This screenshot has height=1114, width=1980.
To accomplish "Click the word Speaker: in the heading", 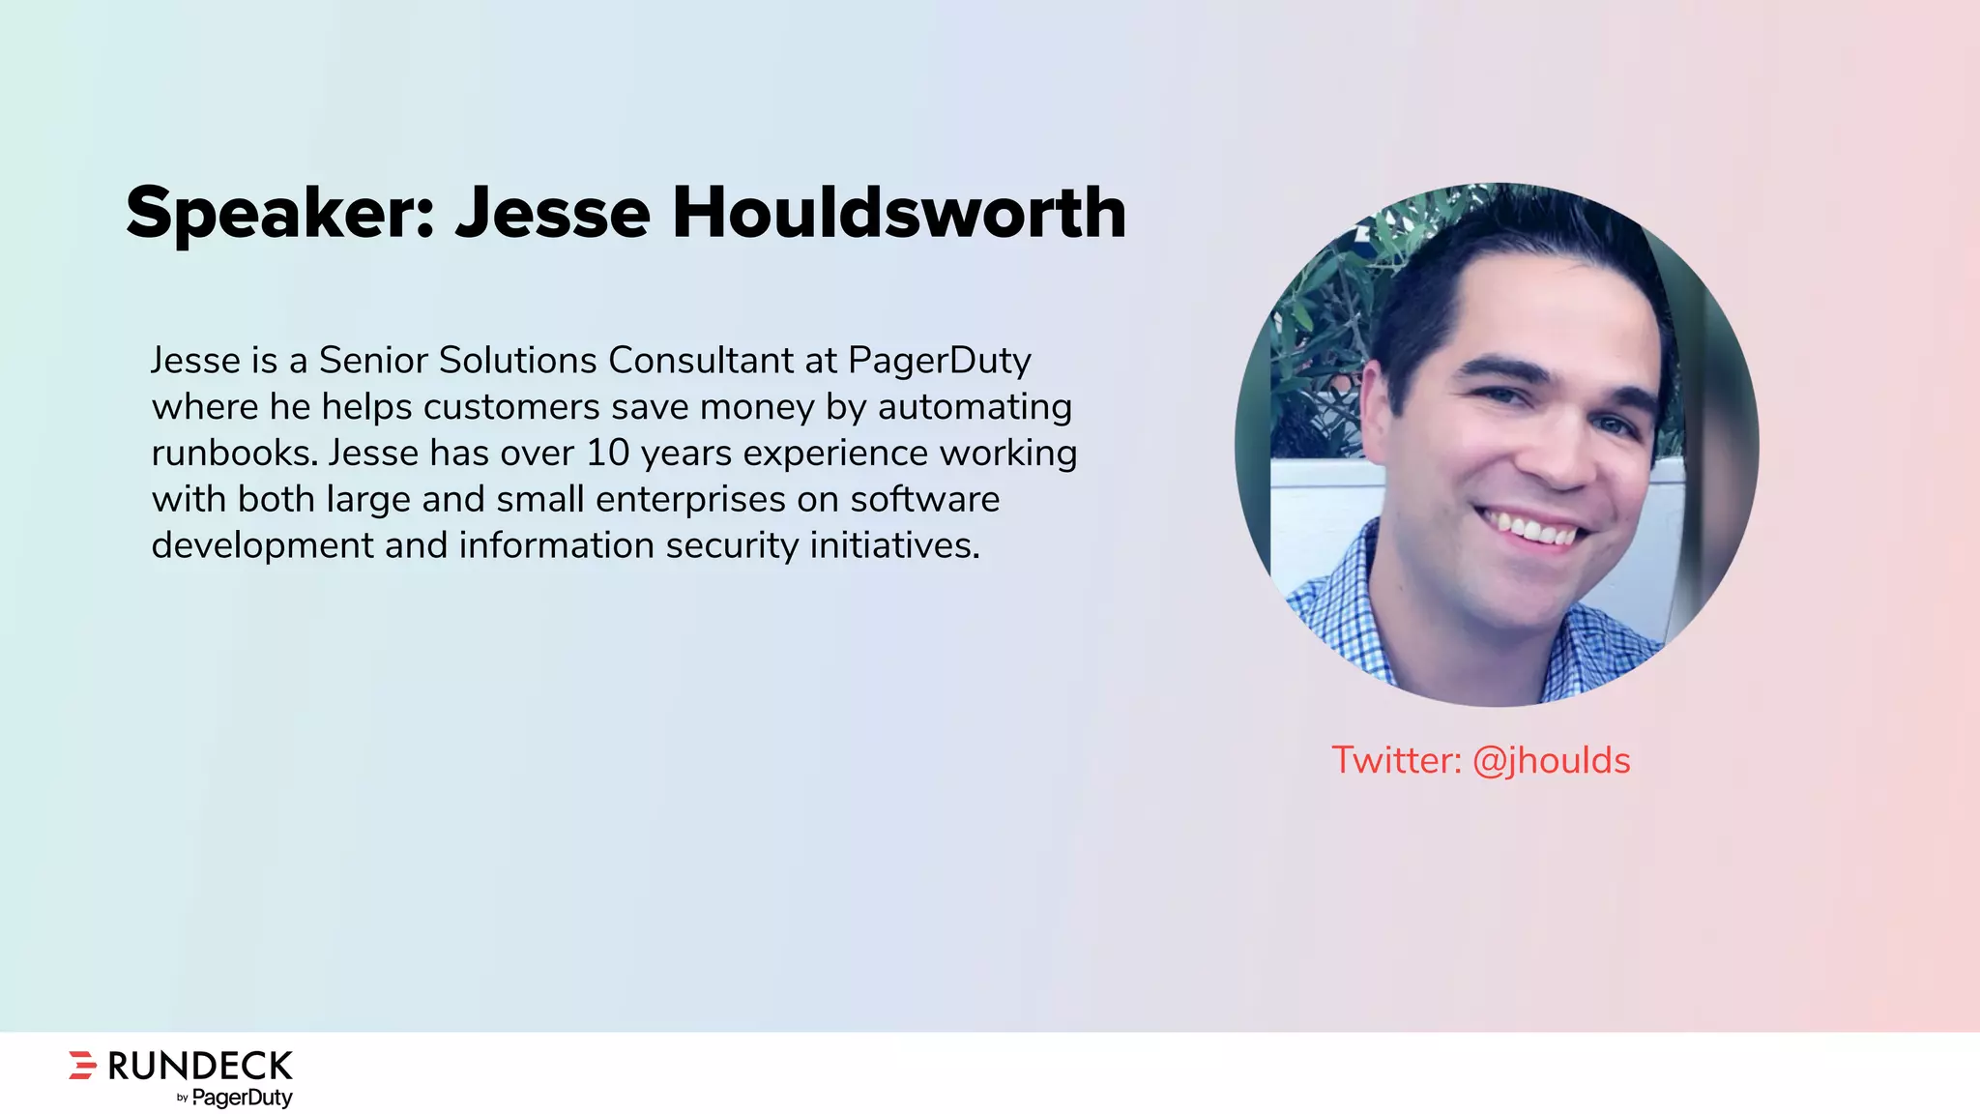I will [x=279, y=213].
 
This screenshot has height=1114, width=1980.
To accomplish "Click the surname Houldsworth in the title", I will [x=899, y=213].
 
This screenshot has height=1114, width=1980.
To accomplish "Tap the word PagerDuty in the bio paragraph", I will [x=940, y=361].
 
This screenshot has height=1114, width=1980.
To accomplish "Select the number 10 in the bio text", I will [x=608, y=454].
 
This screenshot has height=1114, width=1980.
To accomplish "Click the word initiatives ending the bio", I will [x=894, y=546].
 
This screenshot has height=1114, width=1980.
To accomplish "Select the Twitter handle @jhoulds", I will [x=1551, y=761].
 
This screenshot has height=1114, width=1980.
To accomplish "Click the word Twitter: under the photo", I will [x=1396, y=761].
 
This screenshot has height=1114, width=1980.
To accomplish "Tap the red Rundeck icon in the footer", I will [x=83, y=1065].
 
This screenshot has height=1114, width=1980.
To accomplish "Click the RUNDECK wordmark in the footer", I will [x=200, y=1066].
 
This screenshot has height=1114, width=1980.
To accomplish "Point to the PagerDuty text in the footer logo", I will [x=242, y=1098].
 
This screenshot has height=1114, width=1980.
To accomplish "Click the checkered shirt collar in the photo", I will [x=1354, y=590].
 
